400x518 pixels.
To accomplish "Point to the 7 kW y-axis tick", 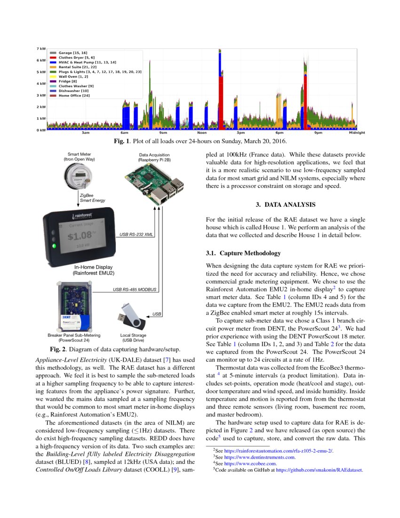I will (x=41, y=49).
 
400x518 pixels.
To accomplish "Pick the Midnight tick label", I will (x=357, y=133).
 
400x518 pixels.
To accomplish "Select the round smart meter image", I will (x=79, y=178).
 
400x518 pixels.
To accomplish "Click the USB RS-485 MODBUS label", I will (x=134, y=289).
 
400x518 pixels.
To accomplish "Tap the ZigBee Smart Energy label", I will (x=92, y=197).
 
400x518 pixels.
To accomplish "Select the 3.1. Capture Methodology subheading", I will (x=243, y=254).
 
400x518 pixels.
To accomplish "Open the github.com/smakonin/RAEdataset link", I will (x=320, y=469).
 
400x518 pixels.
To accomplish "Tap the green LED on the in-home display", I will (x=55, y=245).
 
